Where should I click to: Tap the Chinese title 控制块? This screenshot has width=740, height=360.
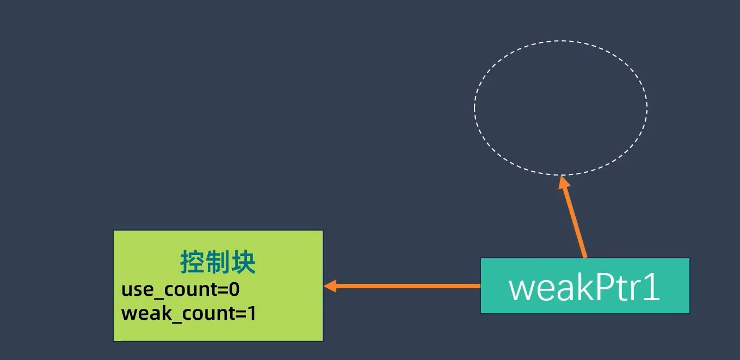[218, 263]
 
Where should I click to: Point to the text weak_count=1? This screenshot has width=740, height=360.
[188, 314]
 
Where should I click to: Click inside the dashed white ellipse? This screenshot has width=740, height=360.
[560, 107]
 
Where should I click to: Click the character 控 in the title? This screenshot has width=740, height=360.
[192, 263]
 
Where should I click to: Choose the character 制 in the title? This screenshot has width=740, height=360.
[218, 263]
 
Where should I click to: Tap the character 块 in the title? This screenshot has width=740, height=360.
[243, 263]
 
